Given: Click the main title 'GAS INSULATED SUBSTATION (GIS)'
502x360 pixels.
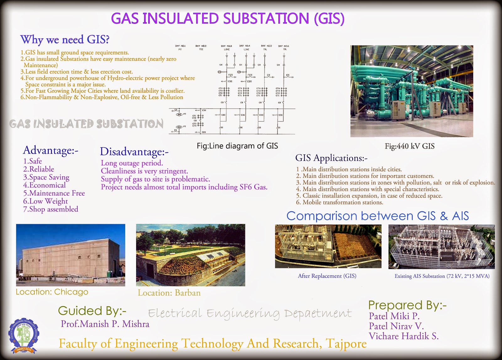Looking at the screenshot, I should [x=228, y=19].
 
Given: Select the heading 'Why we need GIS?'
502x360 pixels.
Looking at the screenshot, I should [x=65, y=40].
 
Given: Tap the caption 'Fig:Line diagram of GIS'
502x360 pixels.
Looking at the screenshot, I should [x=237, y=146].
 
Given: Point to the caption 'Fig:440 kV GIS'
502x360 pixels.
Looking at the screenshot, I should [x=409, y=146].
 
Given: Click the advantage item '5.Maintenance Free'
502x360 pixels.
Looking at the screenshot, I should [x=54, y=193].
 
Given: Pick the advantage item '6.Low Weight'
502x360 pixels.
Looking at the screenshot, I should [x=45, y=201].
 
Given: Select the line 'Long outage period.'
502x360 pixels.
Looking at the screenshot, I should [x=132, y=163].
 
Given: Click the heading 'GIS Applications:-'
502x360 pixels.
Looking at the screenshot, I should [x=331, y=158].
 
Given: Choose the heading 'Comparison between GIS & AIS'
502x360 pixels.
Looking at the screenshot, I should [x=377, y=216].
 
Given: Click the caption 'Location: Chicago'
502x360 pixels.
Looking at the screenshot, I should [x=52, y=292].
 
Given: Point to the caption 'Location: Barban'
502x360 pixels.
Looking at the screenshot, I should [x=169, y=293].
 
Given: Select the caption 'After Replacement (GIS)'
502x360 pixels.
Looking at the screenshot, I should [x=327, y=276].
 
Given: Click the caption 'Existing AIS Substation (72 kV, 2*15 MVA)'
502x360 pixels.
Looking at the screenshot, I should [x=442, y=276].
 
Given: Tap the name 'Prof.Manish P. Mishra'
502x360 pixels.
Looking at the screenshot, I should [x=105, y=324].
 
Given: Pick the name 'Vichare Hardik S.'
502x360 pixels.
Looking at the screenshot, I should [x=403, y=336].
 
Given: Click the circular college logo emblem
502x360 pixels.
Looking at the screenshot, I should [x=24, y=336].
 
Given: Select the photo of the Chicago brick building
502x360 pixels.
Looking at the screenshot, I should [x=71, y=255].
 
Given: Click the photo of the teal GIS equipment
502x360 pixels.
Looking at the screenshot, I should [x=412, y=91].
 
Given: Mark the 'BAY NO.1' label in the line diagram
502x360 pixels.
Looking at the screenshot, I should [x=180, y=46].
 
